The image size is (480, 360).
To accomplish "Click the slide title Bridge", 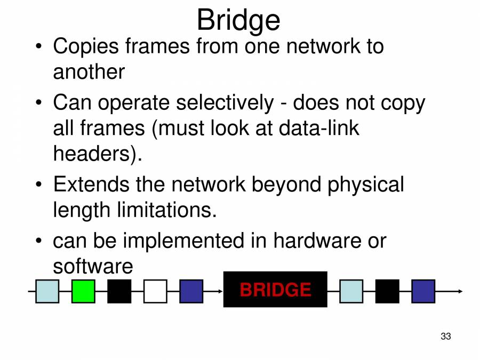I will click(x=238, y=20).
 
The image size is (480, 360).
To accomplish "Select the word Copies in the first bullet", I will click(x=85, y=46).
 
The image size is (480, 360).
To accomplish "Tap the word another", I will click(x=89, y=72).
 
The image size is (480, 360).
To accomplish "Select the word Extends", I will click(x=91, y=185).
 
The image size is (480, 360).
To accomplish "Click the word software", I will click(x=92, y=266).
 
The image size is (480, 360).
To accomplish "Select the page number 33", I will click(x=446, y=337).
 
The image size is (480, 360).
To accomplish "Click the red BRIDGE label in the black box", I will click(x=275, y=290).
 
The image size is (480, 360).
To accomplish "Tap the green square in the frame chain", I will click(x=83, y=291).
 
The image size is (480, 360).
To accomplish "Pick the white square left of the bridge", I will click(x=155, y=291).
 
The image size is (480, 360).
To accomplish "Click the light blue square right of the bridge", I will click(x=351, y=291).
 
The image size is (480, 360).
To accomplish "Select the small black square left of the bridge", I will click(x=119, y=291).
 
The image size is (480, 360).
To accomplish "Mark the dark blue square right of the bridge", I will click(x=423, y=291).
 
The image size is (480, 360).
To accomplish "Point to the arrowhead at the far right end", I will click(x=460, y=291).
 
